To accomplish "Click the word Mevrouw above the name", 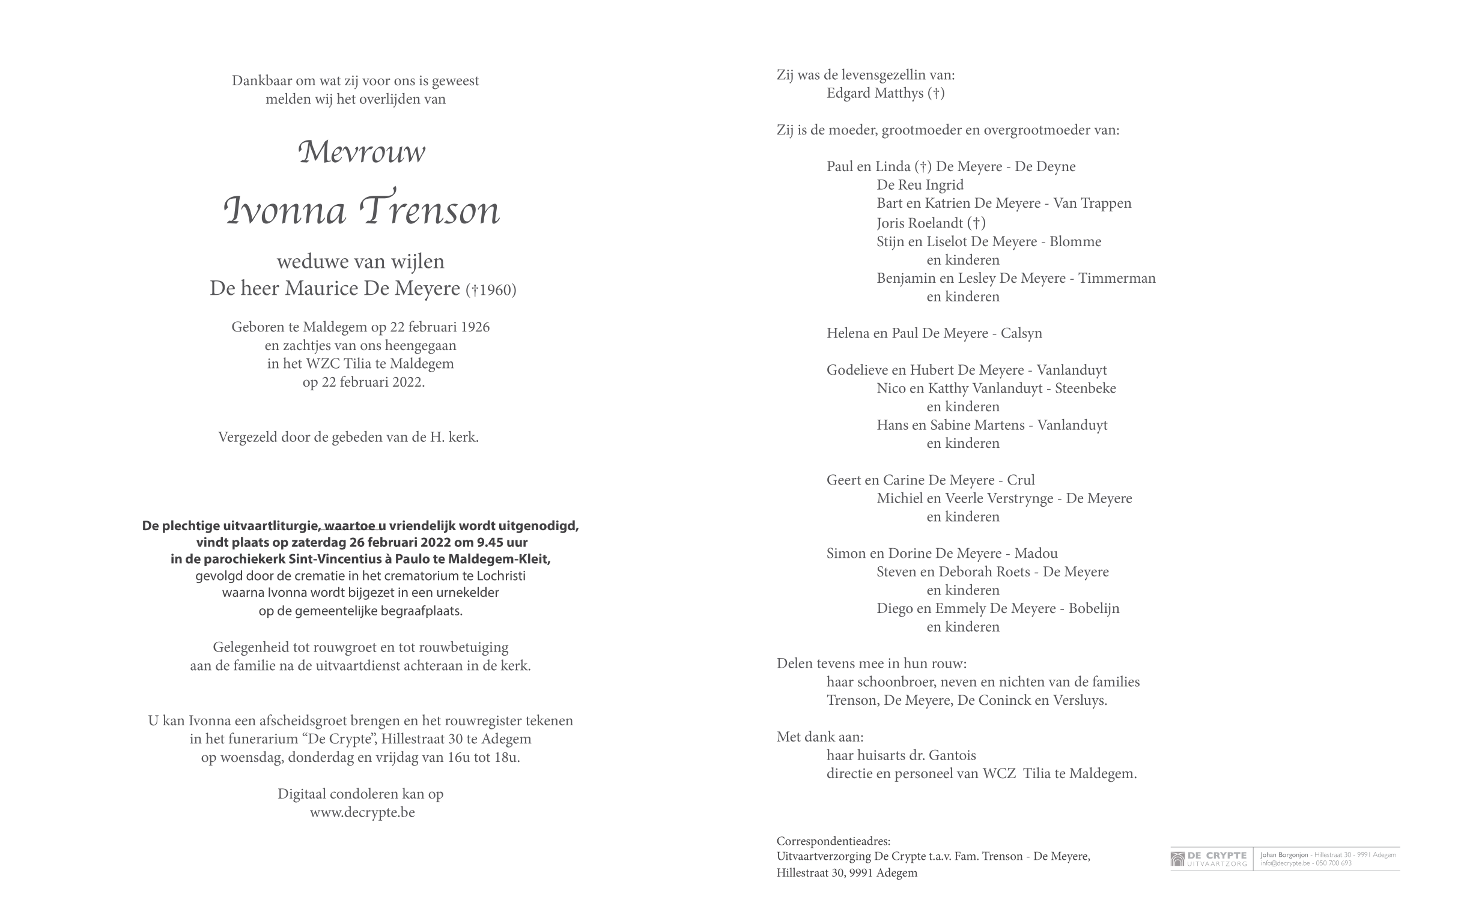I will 362,152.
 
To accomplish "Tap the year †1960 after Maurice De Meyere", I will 491,290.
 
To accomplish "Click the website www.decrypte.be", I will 362,812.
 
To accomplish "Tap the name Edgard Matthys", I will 875,93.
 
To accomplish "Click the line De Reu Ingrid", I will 920,185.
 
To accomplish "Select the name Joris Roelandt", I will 920,223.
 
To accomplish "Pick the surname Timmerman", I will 1117,278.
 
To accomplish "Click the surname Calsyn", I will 1021,333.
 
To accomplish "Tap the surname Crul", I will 1021,480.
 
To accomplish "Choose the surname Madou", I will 1036,554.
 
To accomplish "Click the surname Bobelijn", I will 1094,608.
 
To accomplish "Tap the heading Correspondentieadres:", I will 833,841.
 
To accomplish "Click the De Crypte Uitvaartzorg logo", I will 1209,859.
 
